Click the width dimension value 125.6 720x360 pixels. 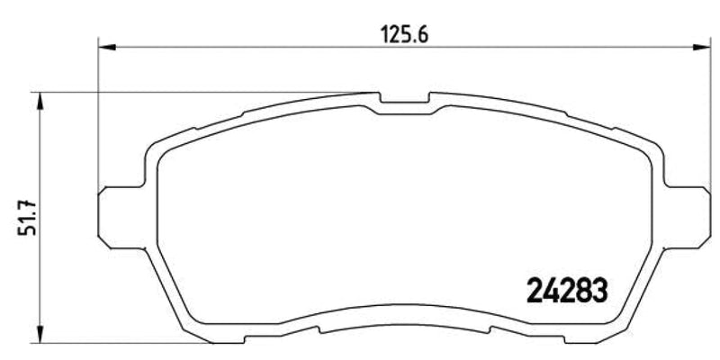(403, 34)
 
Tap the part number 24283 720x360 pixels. (567, 290)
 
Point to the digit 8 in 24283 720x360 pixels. (583, 290)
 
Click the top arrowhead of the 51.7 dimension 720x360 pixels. (39, 98)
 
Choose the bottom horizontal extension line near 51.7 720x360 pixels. (135, 342)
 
